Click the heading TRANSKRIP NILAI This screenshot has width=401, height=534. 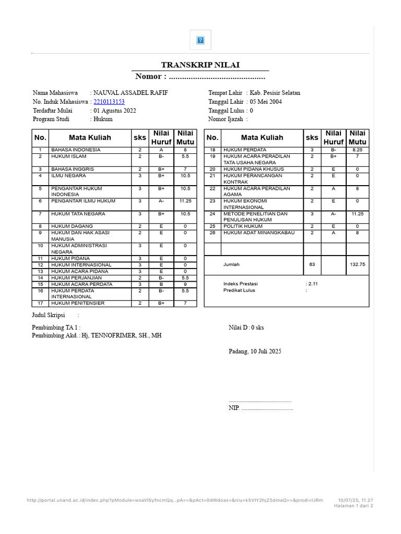pyautogui.click(x=200, y=65)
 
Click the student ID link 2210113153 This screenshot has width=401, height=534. pyautogui.click(x=109, y=102)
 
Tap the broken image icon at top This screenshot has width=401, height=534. pyautogui.click(x=200, y=40)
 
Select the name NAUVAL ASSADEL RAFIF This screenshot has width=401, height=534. pyautogui.click(x=131, y=93)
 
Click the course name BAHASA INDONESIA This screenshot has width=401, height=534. pyautogui.click(x=76, y=150)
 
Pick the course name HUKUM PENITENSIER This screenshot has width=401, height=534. pyautogui.click(x=78, y=303)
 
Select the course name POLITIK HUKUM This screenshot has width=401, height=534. pyautogui.click(x=243, y=226)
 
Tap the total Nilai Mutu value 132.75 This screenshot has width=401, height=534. pyautogui.click(x=357, y=264)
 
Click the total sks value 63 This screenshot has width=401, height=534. pyautogui.click(x=312, y=264)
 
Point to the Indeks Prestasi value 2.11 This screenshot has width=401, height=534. pyautogui.click(x=313, y=284)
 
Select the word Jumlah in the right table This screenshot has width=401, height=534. pyautogui.click(x=231, y=264)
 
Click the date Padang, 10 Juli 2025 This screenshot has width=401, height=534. pyautogui.click(x=255, y=351)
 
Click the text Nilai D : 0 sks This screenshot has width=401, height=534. pyautogui.click(x=246, y=327)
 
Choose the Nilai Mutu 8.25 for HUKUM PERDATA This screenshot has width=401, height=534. pyautogui.click(x=357, y=150)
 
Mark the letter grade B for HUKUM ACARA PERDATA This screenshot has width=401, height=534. pyautogui.click(x=161, y=284)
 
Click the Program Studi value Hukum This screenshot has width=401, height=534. pyautogui.click(x=103, y=119)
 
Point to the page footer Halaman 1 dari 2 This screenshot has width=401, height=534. pyautogui.click(x=353, y=506)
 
